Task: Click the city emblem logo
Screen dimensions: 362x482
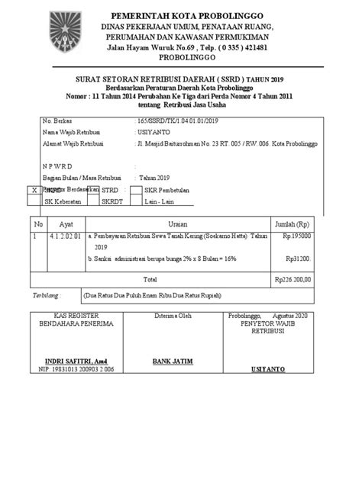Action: coord(64,30)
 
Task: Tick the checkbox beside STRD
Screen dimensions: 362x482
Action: coord(95,189)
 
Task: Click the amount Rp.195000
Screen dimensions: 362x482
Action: coord(296,236)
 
